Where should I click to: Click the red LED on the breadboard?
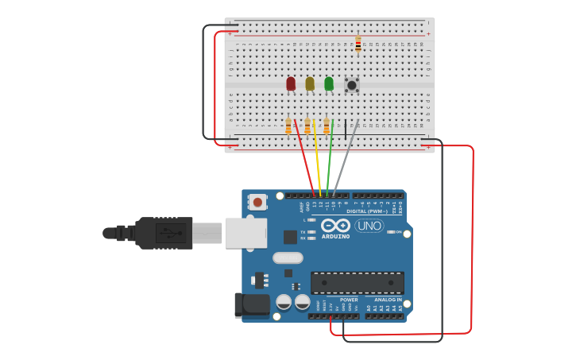[291, 83]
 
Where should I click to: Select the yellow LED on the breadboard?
[310, 83]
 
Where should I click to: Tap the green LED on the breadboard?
[329, 83]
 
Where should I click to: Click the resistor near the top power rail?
[358, 44]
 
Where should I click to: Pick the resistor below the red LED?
[288, 126]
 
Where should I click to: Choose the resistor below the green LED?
[327, 126]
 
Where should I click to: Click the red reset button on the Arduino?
[257, 202]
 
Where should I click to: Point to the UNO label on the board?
[369, 226]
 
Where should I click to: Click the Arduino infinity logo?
[335, 226]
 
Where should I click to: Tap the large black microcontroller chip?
[357, 283]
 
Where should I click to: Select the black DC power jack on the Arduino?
[252, 304]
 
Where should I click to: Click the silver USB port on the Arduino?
[245, 233]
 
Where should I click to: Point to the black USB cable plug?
[163, 233]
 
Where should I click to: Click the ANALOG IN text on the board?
[388, 300]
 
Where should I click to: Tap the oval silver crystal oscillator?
[288, 257]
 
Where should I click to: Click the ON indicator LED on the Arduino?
[391, 231]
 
